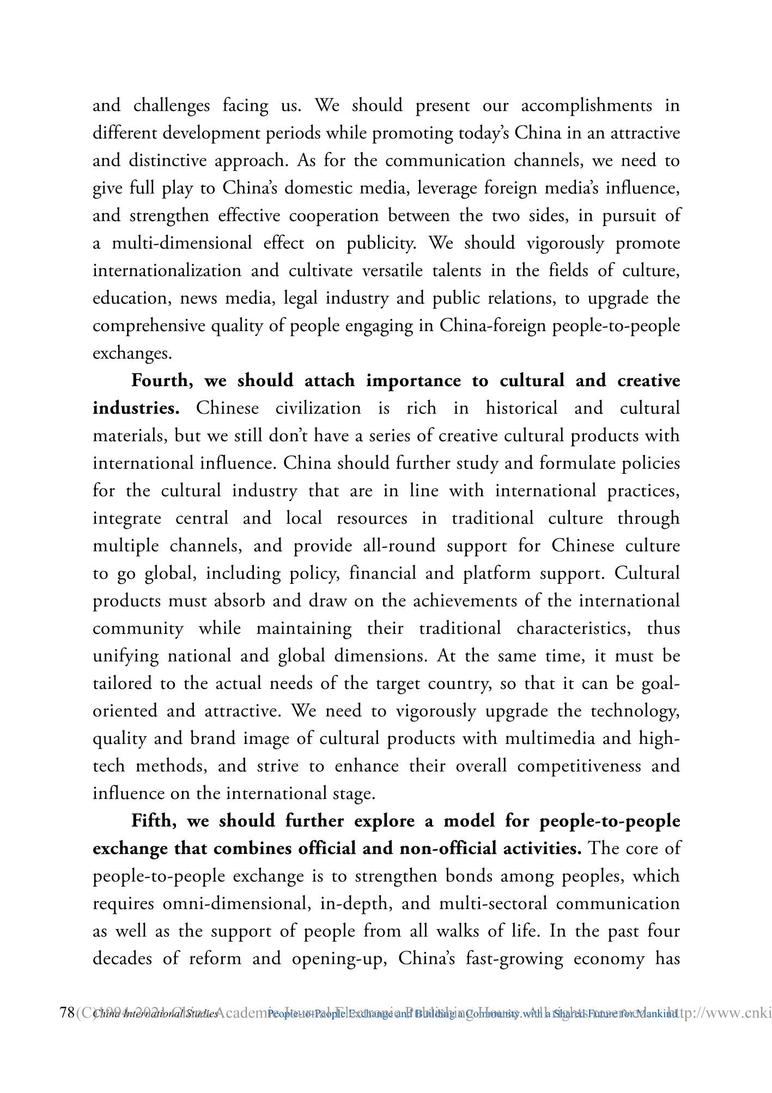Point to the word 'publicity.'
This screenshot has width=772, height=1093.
point(382,243)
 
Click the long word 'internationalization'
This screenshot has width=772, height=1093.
point(167,271)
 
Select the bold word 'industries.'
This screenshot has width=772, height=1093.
point(136,408)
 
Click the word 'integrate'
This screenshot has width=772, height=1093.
point(127,518)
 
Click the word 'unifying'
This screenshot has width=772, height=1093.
point(126,656)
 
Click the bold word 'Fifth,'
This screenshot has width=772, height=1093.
point(154,821)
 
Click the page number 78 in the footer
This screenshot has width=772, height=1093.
point(67,1013)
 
